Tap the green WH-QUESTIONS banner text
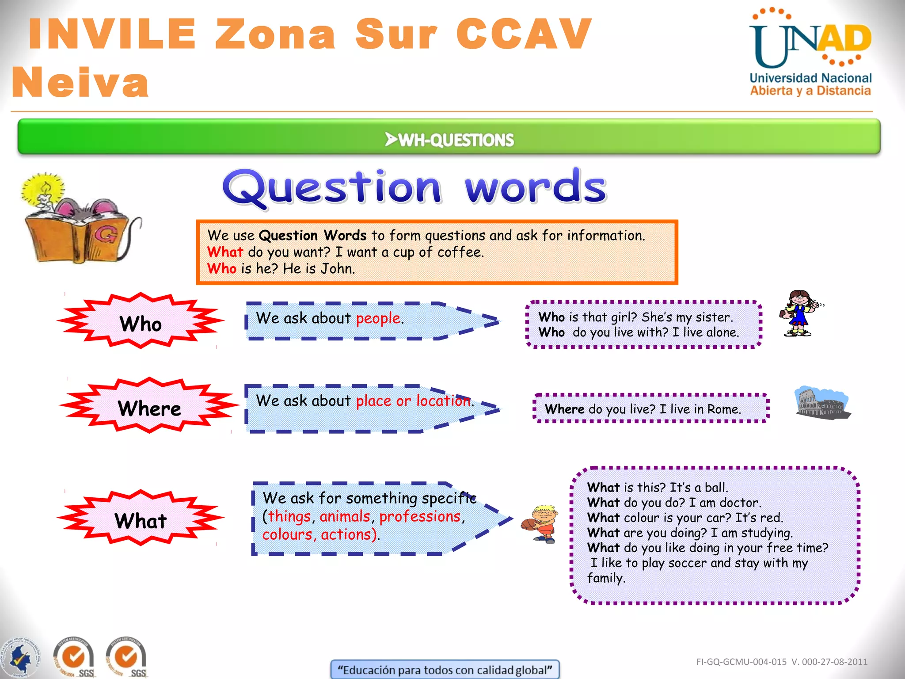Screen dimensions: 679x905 click(x=450, y=140)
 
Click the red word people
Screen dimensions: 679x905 click(x=378, y=318)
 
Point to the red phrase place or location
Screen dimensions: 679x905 click(x=413, y=401)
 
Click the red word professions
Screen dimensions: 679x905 click(x=420, y=516)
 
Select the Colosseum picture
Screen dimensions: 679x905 click(x=822, y=403)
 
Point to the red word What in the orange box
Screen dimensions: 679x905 click(x=225, y=252)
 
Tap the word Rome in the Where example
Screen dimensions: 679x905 click(x=723, y=409)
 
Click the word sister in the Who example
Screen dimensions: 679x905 click(x=714, y=317)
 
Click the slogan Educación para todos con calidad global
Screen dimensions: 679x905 click(x=445, y=670)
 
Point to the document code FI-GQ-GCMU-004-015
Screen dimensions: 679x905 click(x=741, y=662)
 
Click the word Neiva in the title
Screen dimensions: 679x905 click(x=80, y=83)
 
